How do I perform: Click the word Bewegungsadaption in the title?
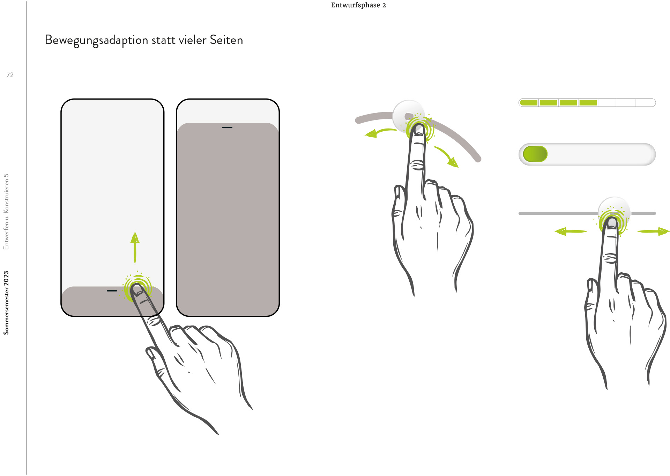click(x=97, y=41)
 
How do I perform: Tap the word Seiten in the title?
click(x=226, y=40)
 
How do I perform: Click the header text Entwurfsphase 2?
click(x=358, y=5)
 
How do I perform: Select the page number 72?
click(x=10, y=75)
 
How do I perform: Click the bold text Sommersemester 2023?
click(x=6, y=303)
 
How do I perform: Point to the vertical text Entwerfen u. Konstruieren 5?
click(x=6, y=212)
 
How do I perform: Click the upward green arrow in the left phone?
click(x=135, y=247)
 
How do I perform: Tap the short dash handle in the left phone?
click(x=112, y=291)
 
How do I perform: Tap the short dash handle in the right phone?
click(x=227, y=127)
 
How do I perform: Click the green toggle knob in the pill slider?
click(x=535, y=154)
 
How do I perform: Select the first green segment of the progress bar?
click(x=529, y=103)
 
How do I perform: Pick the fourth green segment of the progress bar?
click(x=588, y=103)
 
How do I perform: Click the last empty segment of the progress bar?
click(x=646, y=103)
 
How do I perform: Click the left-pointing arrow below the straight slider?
click(x=571, y=231)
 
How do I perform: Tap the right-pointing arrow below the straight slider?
click(x=654, y=231)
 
